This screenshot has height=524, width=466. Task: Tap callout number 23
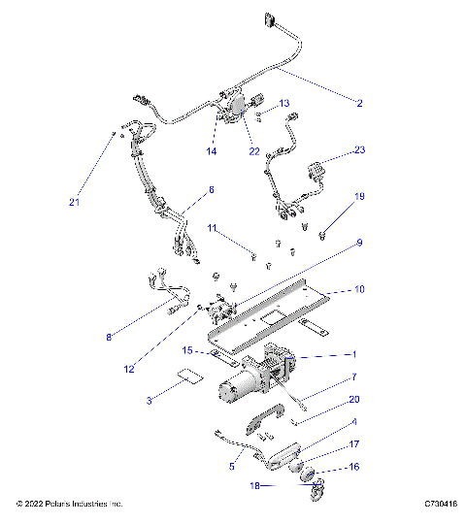click(x=360, y=150)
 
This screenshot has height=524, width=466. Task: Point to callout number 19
click(x=359, y=197)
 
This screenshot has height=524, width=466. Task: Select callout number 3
click(x=149, y=400)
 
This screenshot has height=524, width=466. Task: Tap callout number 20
click(x=354, y=399)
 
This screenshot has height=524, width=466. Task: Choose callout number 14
click(x=211, y=151)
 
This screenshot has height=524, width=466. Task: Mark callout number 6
click(x=210, y=189)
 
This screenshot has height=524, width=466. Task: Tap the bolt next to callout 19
click(x=322, y=232)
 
